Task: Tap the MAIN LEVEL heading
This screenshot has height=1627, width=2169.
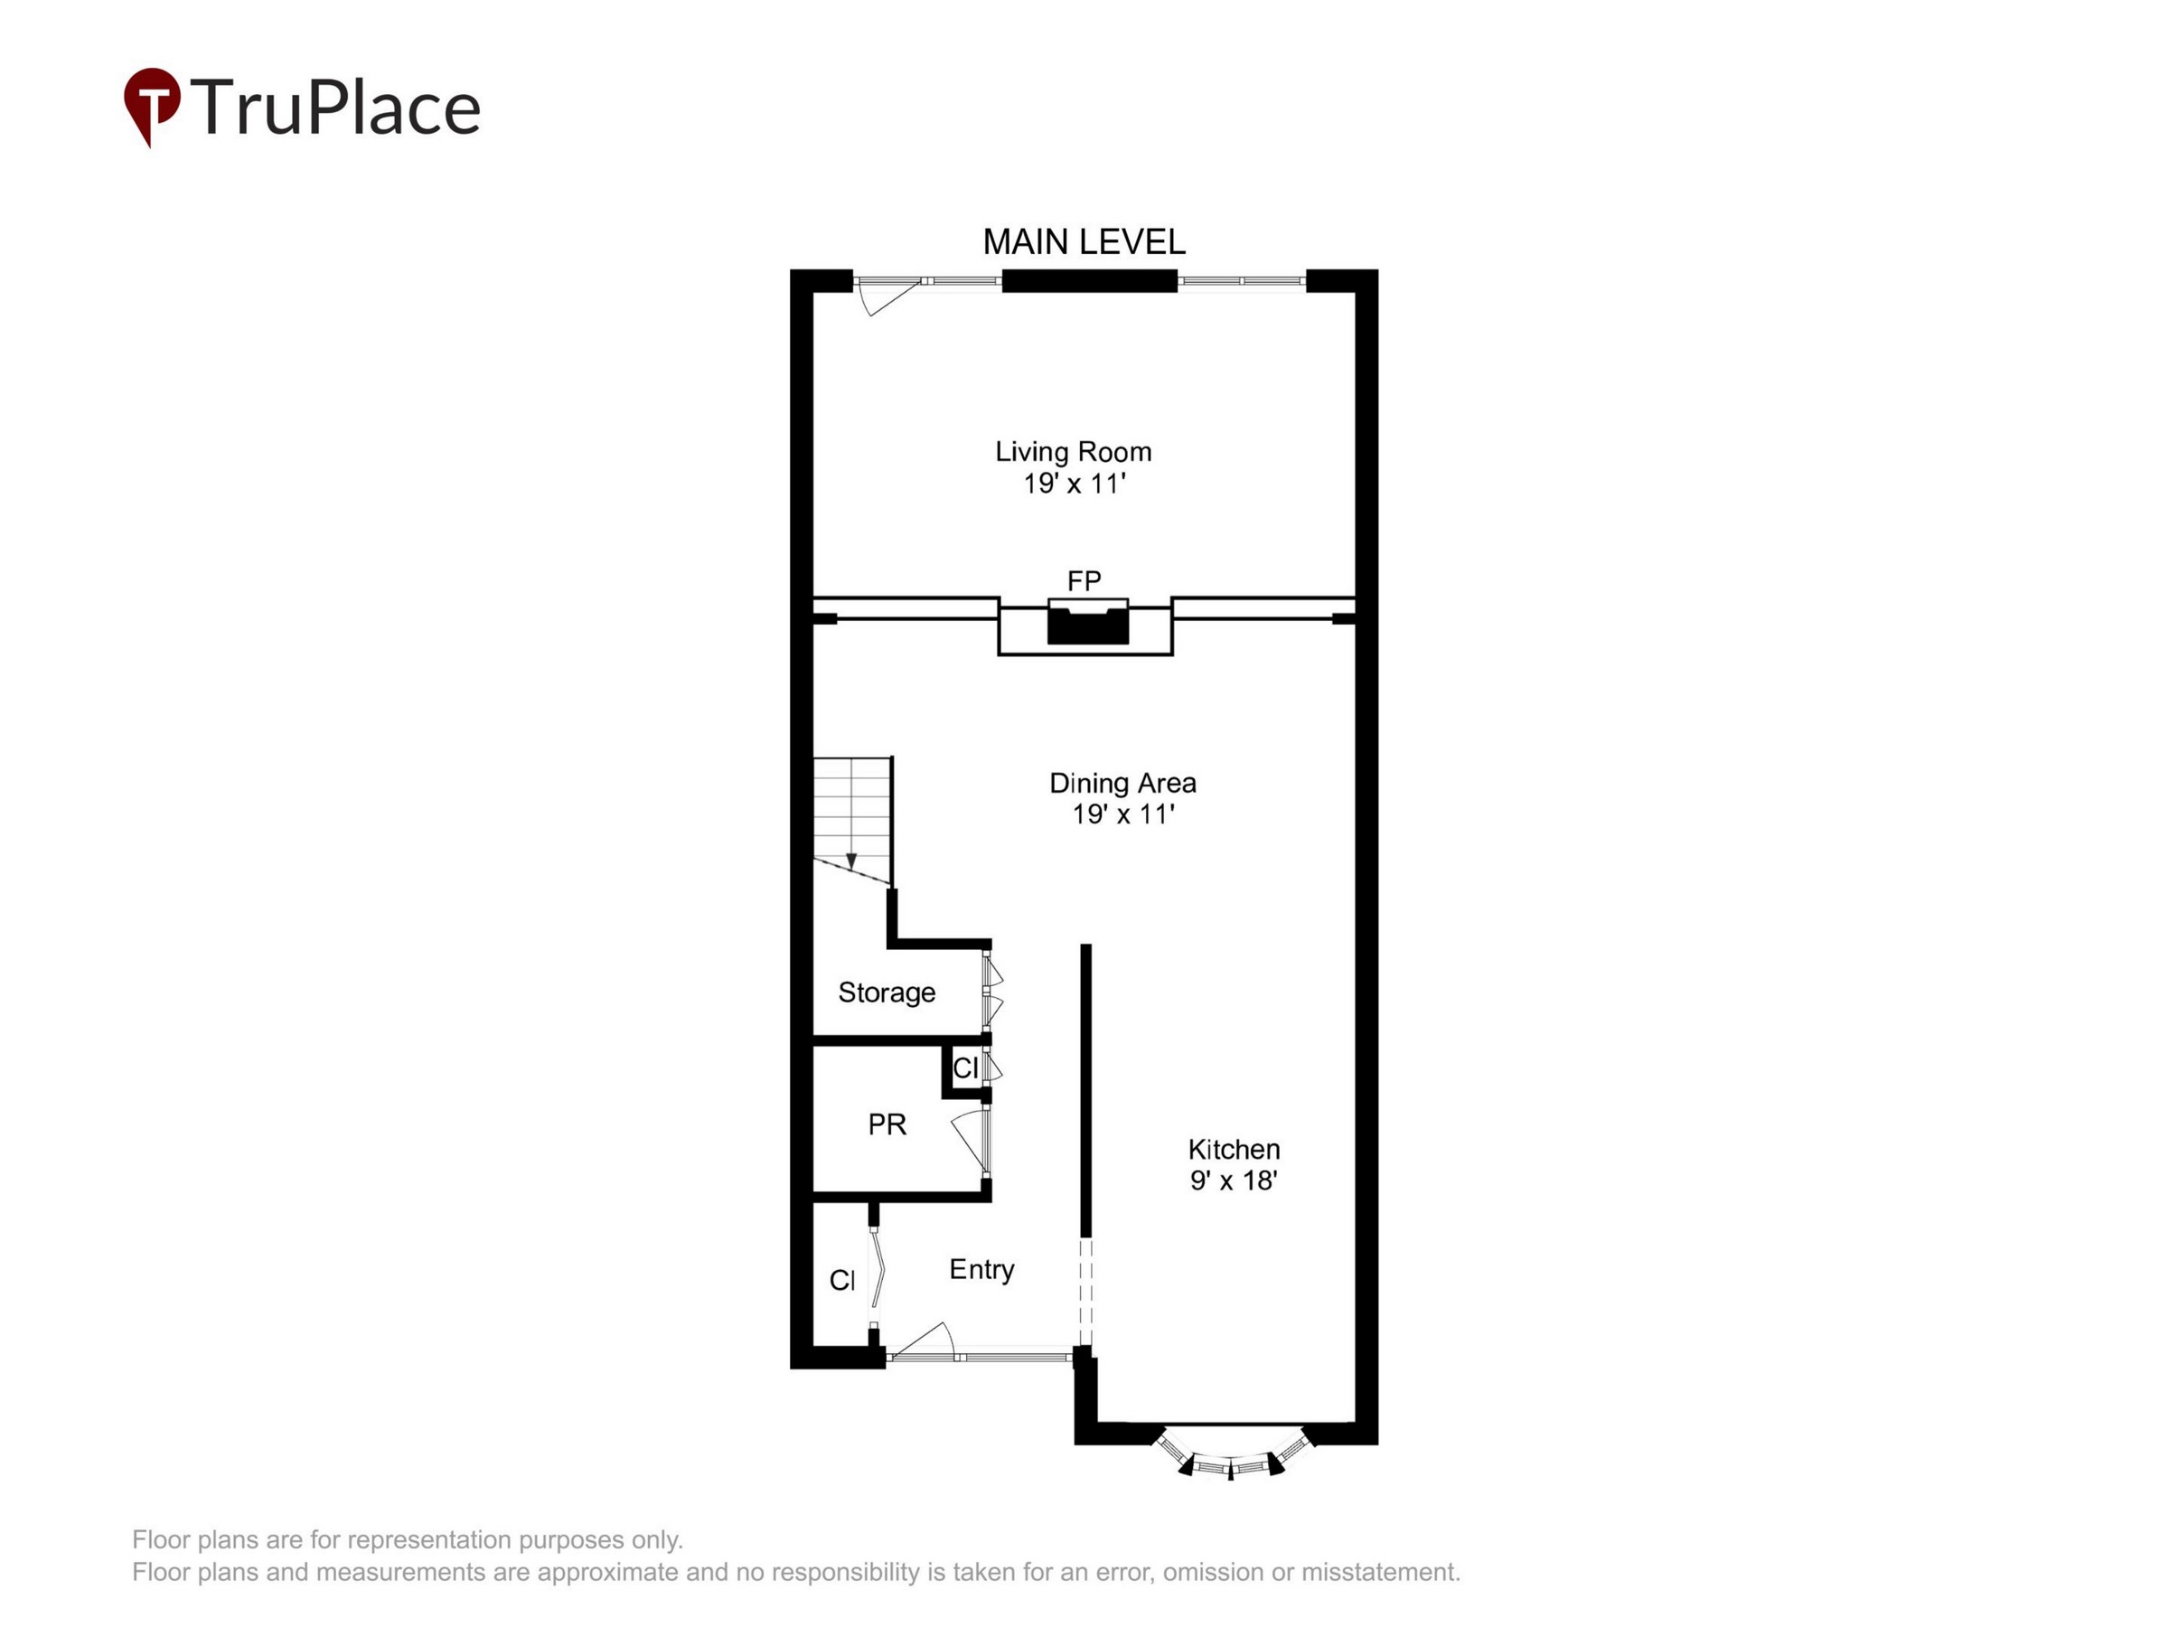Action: click(x=1084, y=242)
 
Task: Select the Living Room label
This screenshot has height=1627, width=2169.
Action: click(x=1074, y=452)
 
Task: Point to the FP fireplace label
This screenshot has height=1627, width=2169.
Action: click(x=1084, y=580)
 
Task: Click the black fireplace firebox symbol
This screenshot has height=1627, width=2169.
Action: click(x=1087, y=625)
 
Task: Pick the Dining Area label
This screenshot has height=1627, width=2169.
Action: click(x=1122, y=783)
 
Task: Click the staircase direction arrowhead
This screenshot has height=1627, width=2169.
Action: click(x=851, y=861)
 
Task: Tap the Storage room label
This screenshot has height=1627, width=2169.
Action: click(x=887, y=992)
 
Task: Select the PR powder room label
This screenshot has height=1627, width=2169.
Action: click(x=887, y=1124)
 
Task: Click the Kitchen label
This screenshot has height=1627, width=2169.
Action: click(x=1234, y=1149)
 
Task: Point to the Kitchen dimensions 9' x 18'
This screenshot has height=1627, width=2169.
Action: click(x=1234, y=1180)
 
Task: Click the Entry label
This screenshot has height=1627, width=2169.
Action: click(x=981, y=1270)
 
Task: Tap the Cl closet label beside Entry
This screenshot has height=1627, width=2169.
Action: click(x=842, y=1280)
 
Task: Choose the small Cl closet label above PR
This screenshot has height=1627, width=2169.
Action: click(x=966, y=1068)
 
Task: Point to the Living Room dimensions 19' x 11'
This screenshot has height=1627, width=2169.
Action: click(x=1075, y=484)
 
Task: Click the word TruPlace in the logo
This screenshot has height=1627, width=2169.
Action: click(x=335, y=107)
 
